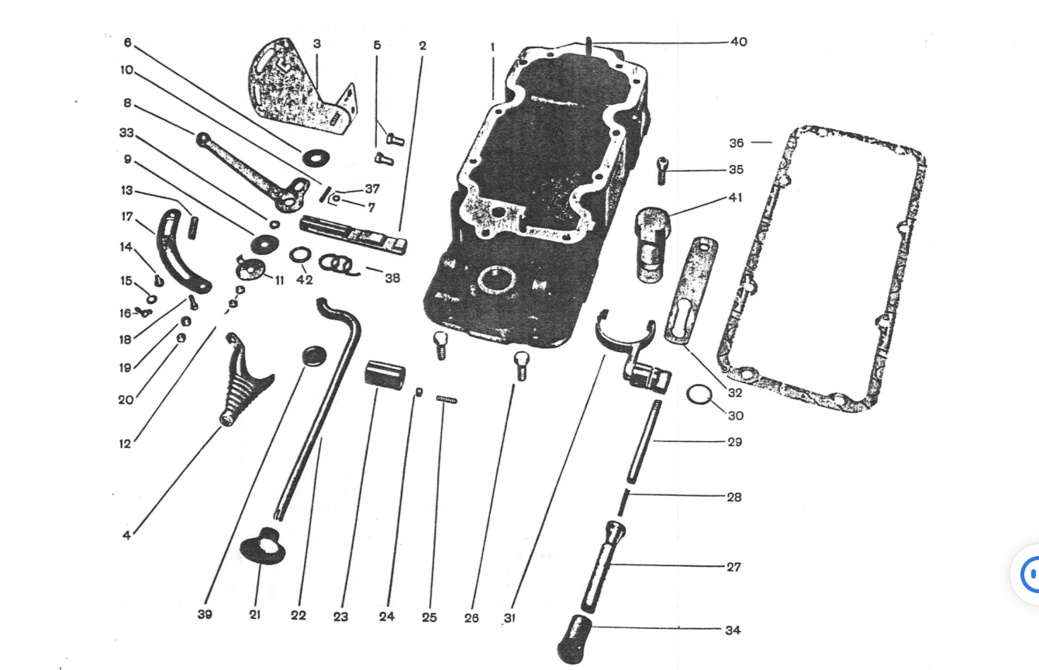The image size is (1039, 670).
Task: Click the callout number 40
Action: [739, 42]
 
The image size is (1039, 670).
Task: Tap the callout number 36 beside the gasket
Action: [737, 143]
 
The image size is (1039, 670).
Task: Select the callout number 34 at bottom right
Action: [733, 630]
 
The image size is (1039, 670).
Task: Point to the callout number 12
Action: [126, 444]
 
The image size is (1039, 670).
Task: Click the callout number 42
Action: [305, 280]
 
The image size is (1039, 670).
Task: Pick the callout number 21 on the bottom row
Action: [254, 614]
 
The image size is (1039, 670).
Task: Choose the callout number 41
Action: [736, 198]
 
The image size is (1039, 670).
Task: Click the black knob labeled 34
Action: [575, 639]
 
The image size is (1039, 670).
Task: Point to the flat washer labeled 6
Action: [316, 157]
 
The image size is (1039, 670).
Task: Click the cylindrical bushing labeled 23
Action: [385, 375]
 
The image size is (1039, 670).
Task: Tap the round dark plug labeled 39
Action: [313, 357]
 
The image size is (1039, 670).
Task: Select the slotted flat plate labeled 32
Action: [691, 291]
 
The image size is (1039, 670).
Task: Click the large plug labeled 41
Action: [652, 244]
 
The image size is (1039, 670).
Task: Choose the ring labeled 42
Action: [300, 254]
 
